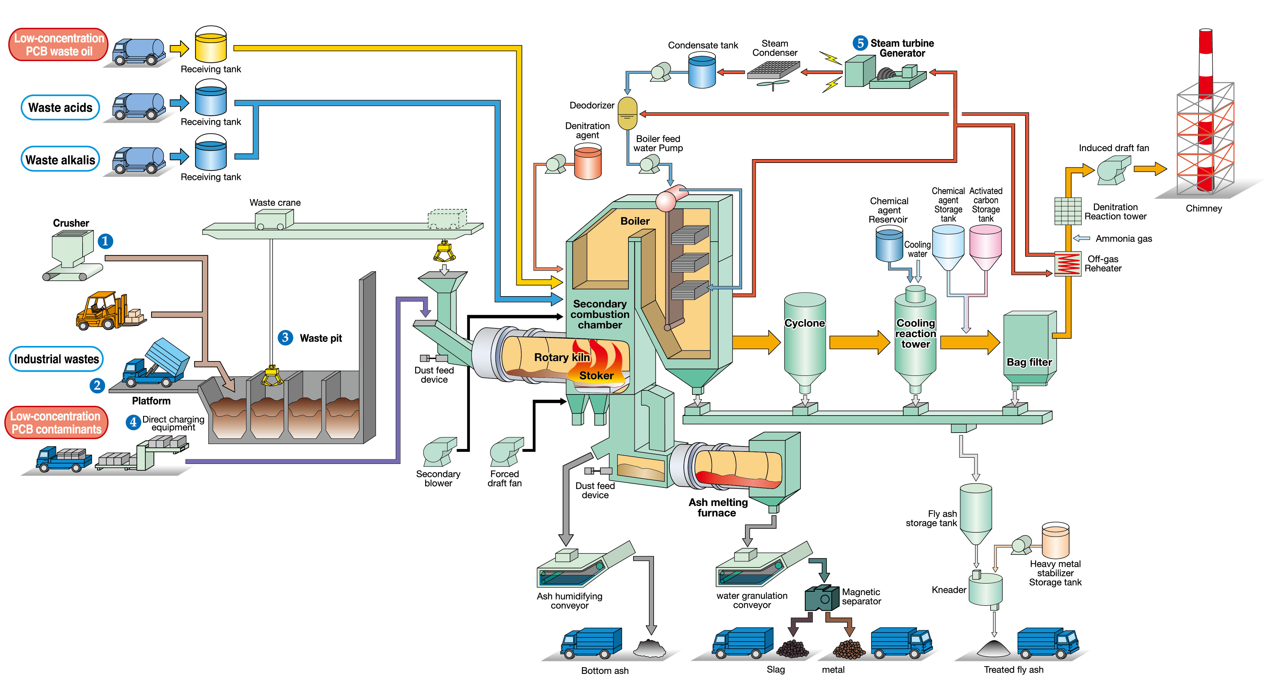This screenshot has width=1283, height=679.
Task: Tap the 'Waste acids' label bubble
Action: click(60, 107)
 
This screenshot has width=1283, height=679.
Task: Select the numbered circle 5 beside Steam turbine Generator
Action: click(860, 43)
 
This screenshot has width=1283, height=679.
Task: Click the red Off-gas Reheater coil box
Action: click(1068, 264)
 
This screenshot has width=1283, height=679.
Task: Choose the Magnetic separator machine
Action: click(822, 598)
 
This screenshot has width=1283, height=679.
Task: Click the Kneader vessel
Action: click(985, 590)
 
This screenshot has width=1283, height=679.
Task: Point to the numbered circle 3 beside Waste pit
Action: click(285, 337)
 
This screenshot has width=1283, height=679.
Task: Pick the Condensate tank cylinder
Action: click(702, 71)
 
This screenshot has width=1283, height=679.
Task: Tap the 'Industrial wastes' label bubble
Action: click(56, 359)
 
